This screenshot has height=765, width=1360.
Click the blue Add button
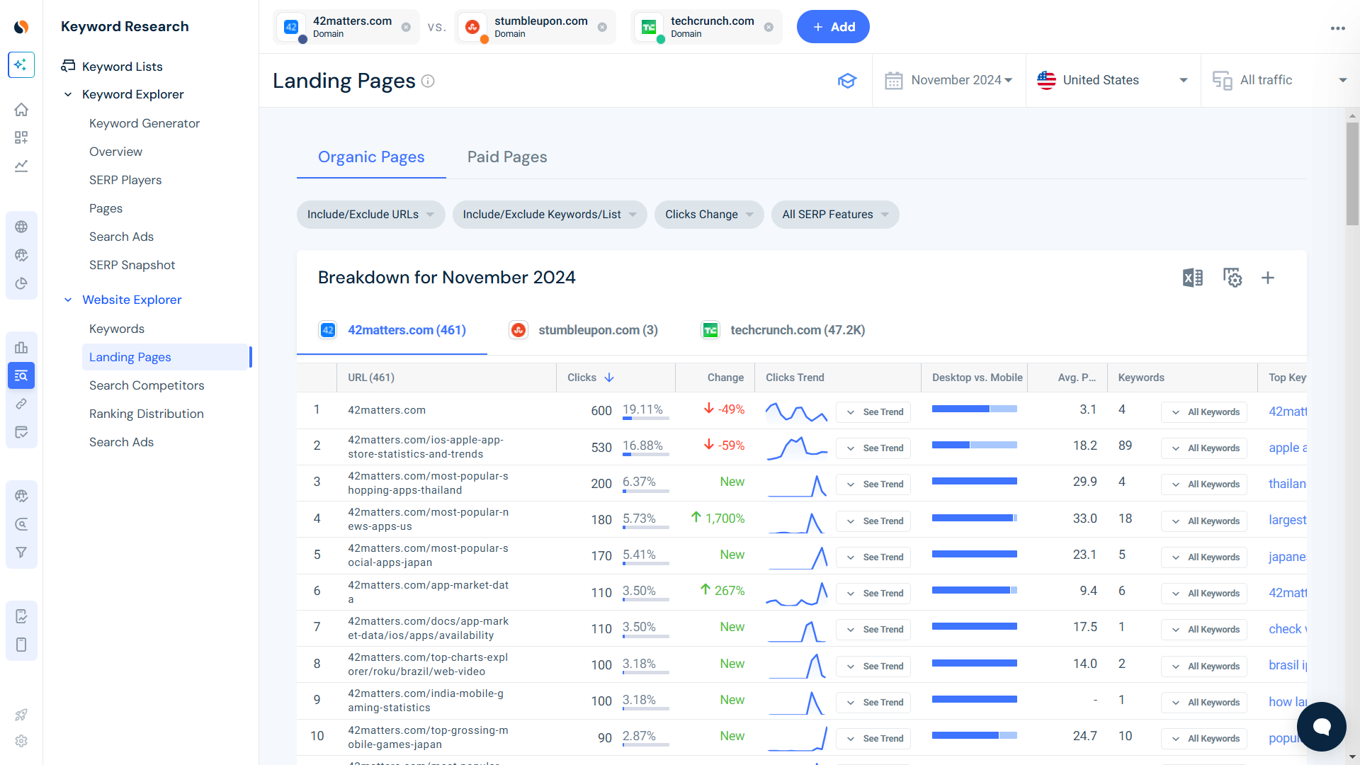click(x=832, y=27)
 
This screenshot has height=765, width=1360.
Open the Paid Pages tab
click(x=506, y=157)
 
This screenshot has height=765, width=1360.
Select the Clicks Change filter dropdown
click(x=708, y=215)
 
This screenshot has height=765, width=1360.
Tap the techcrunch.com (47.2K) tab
click(x=797, y=330)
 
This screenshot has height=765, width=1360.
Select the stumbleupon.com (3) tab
click(x=597, y=330)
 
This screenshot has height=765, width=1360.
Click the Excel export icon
click(x=1192, y=278)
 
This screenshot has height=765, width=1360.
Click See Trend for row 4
click(x=874, y=521)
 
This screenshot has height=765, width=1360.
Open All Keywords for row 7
click(x=1204, y=630)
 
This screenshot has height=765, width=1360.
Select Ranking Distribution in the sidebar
click(x=146, y=414)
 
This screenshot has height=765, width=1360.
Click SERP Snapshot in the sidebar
click(x=132, y=265)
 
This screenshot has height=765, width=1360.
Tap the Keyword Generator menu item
click(x=144, y=123)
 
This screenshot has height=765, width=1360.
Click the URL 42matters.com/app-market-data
click(x=428, y=592)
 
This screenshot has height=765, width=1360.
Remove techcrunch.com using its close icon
click(x=769, y=28)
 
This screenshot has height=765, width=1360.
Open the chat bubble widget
click(x=1321, y=726)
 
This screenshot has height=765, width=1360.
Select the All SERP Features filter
click(x=834, y=215)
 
